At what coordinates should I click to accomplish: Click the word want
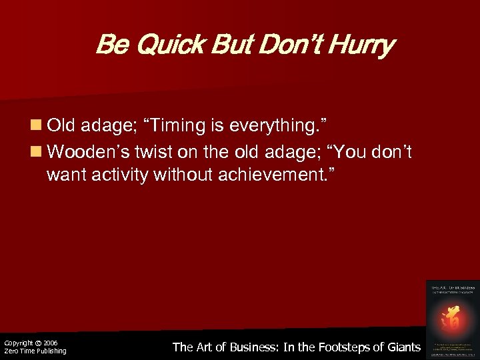(x=65, y=175)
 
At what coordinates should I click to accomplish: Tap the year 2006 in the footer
(x=50, y=343)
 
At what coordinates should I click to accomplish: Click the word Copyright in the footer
(x=18, y=343)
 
